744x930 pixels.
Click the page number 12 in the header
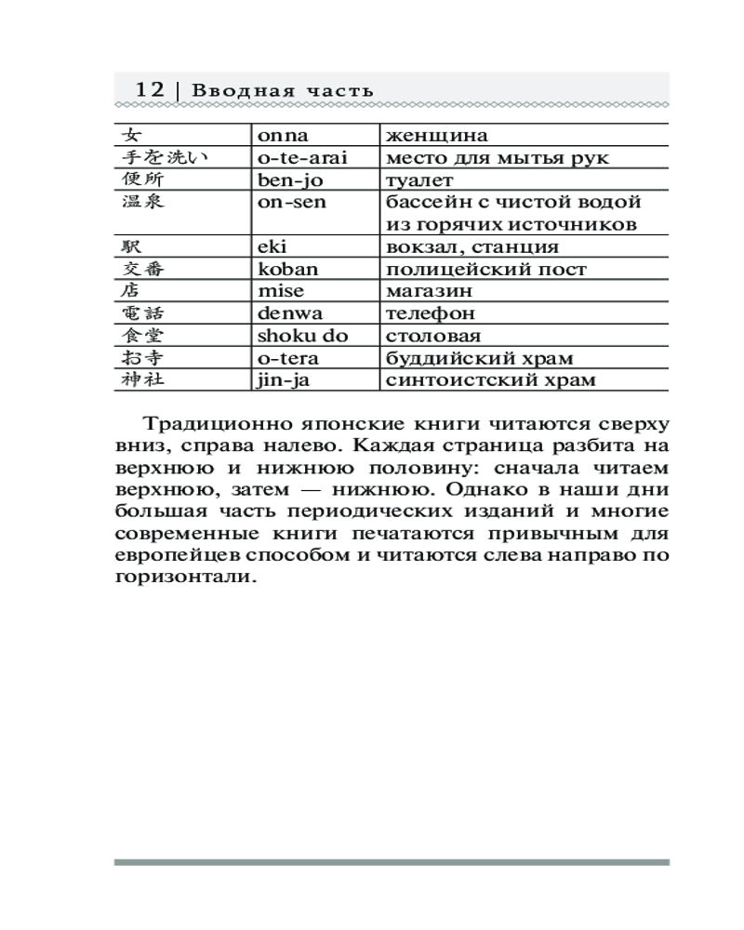tap(150, 89)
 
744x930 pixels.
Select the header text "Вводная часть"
tap(283, 90)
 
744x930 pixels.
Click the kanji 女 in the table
tap(132, 135)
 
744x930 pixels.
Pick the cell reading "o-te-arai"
tap(301, 157)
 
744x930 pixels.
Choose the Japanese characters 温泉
tap(142, 202)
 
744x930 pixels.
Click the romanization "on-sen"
tap(292, 202)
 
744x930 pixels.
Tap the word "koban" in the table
tap(287, 269)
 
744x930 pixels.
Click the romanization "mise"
tap(281, 291)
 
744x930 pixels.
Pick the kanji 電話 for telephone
tap(142, 313)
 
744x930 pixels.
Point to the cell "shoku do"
tap(302, 336)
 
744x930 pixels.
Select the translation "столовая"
tap(428, 336)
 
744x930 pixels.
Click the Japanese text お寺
tap(142, 358)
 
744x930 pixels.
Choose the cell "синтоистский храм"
tap(490, 380)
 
